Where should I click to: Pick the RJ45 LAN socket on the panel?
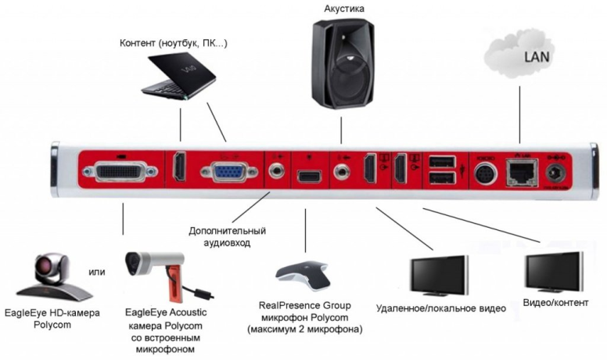click(x=518, y=171)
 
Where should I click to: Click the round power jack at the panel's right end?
click(x=557, y=171)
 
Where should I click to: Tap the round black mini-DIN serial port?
click(x=483, y=172)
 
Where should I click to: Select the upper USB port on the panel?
click(x=440, y=162)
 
